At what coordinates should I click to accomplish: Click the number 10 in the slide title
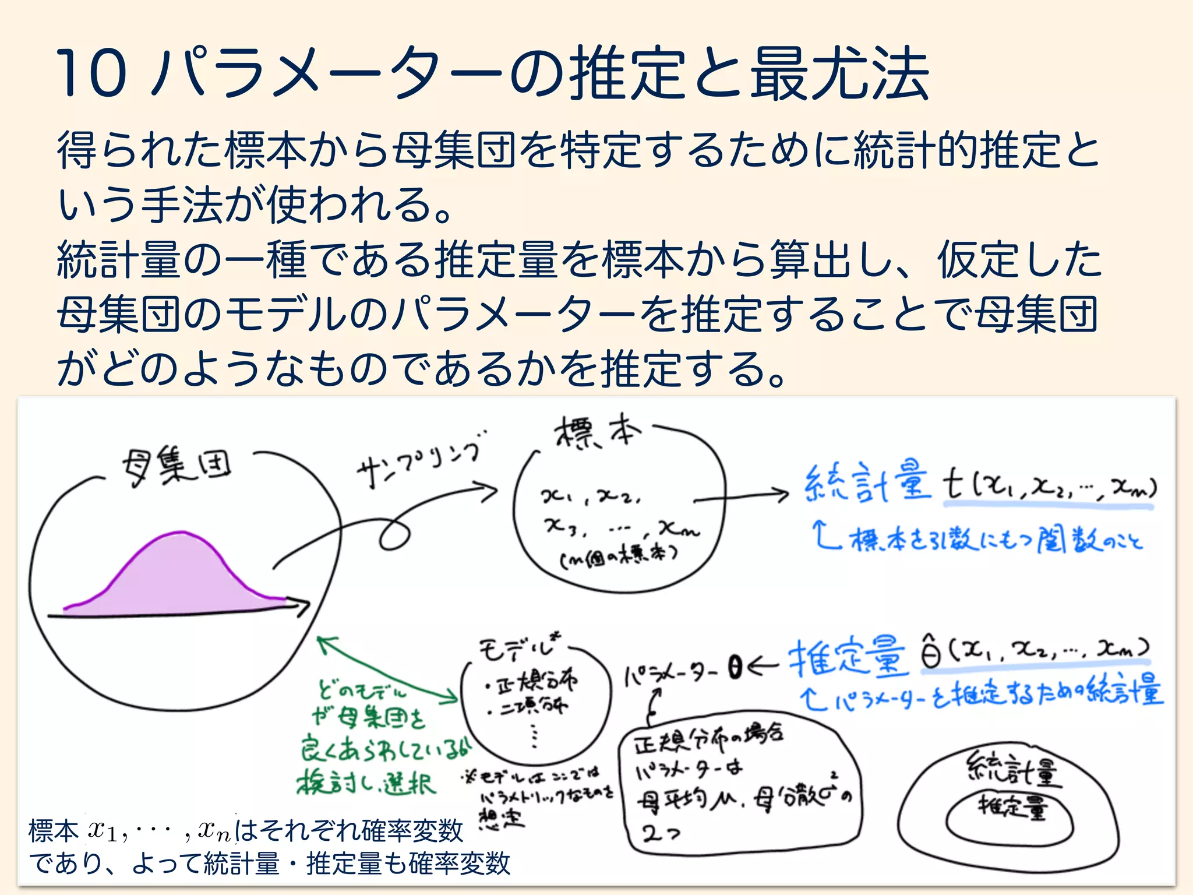tap(91, 73)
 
